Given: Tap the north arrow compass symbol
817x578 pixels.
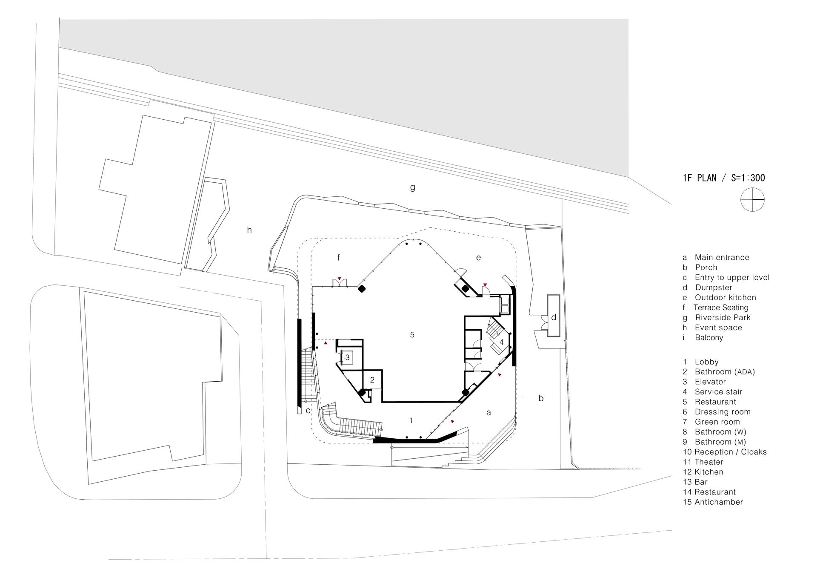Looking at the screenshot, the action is [753, 200].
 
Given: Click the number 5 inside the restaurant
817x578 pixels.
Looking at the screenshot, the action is [412, 335].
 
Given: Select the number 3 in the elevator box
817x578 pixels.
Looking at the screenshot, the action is [347, 357].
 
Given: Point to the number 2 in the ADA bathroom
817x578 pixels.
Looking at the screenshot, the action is [372, 380].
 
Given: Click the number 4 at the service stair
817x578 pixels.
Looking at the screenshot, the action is [502, 342].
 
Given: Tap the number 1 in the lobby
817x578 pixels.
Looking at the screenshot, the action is [411, 420].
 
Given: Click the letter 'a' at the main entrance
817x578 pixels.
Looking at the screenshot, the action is [488, 413].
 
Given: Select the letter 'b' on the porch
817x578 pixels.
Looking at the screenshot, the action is [541, 398].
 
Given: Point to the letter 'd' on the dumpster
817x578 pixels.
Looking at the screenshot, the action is [554, 317].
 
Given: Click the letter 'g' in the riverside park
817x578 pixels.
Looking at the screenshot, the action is [412, 187].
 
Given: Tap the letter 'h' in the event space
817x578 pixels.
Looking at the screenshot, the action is [249, 230].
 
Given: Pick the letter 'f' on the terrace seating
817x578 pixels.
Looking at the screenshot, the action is [339, 257].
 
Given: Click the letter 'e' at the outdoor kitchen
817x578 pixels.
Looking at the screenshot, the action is [478, 258].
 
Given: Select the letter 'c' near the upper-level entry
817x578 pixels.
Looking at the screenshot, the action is [308, 411].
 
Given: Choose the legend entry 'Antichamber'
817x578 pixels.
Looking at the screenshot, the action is [718, 502].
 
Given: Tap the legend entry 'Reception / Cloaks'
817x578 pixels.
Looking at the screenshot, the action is [731, 452].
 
